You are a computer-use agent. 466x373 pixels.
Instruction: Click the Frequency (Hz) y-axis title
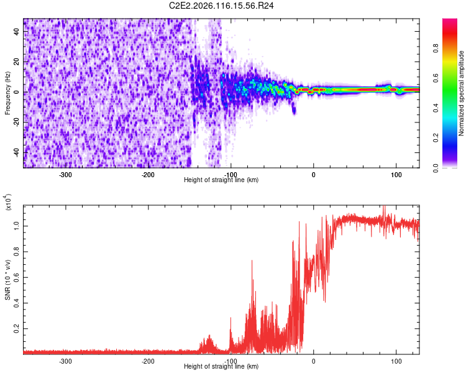pyautogui.click(x=8, y=93)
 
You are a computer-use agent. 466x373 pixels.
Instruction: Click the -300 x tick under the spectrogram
pyautogui.click(x=65, y=175)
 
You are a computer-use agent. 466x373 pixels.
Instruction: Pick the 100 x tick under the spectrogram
pyautogui.click(x=396, y=175)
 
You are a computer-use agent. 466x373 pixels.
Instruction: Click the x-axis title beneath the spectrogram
pyautogui.click(x=221, y=180)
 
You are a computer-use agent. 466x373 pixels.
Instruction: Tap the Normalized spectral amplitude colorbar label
pyautogui.click(x=462, y=93)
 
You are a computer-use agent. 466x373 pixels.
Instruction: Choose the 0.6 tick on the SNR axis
pyautogui.click(x=17, y=275)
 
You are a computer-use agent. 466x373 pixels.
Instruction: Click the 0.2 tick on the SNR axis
pyautogui.click(x=17, y=328)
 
